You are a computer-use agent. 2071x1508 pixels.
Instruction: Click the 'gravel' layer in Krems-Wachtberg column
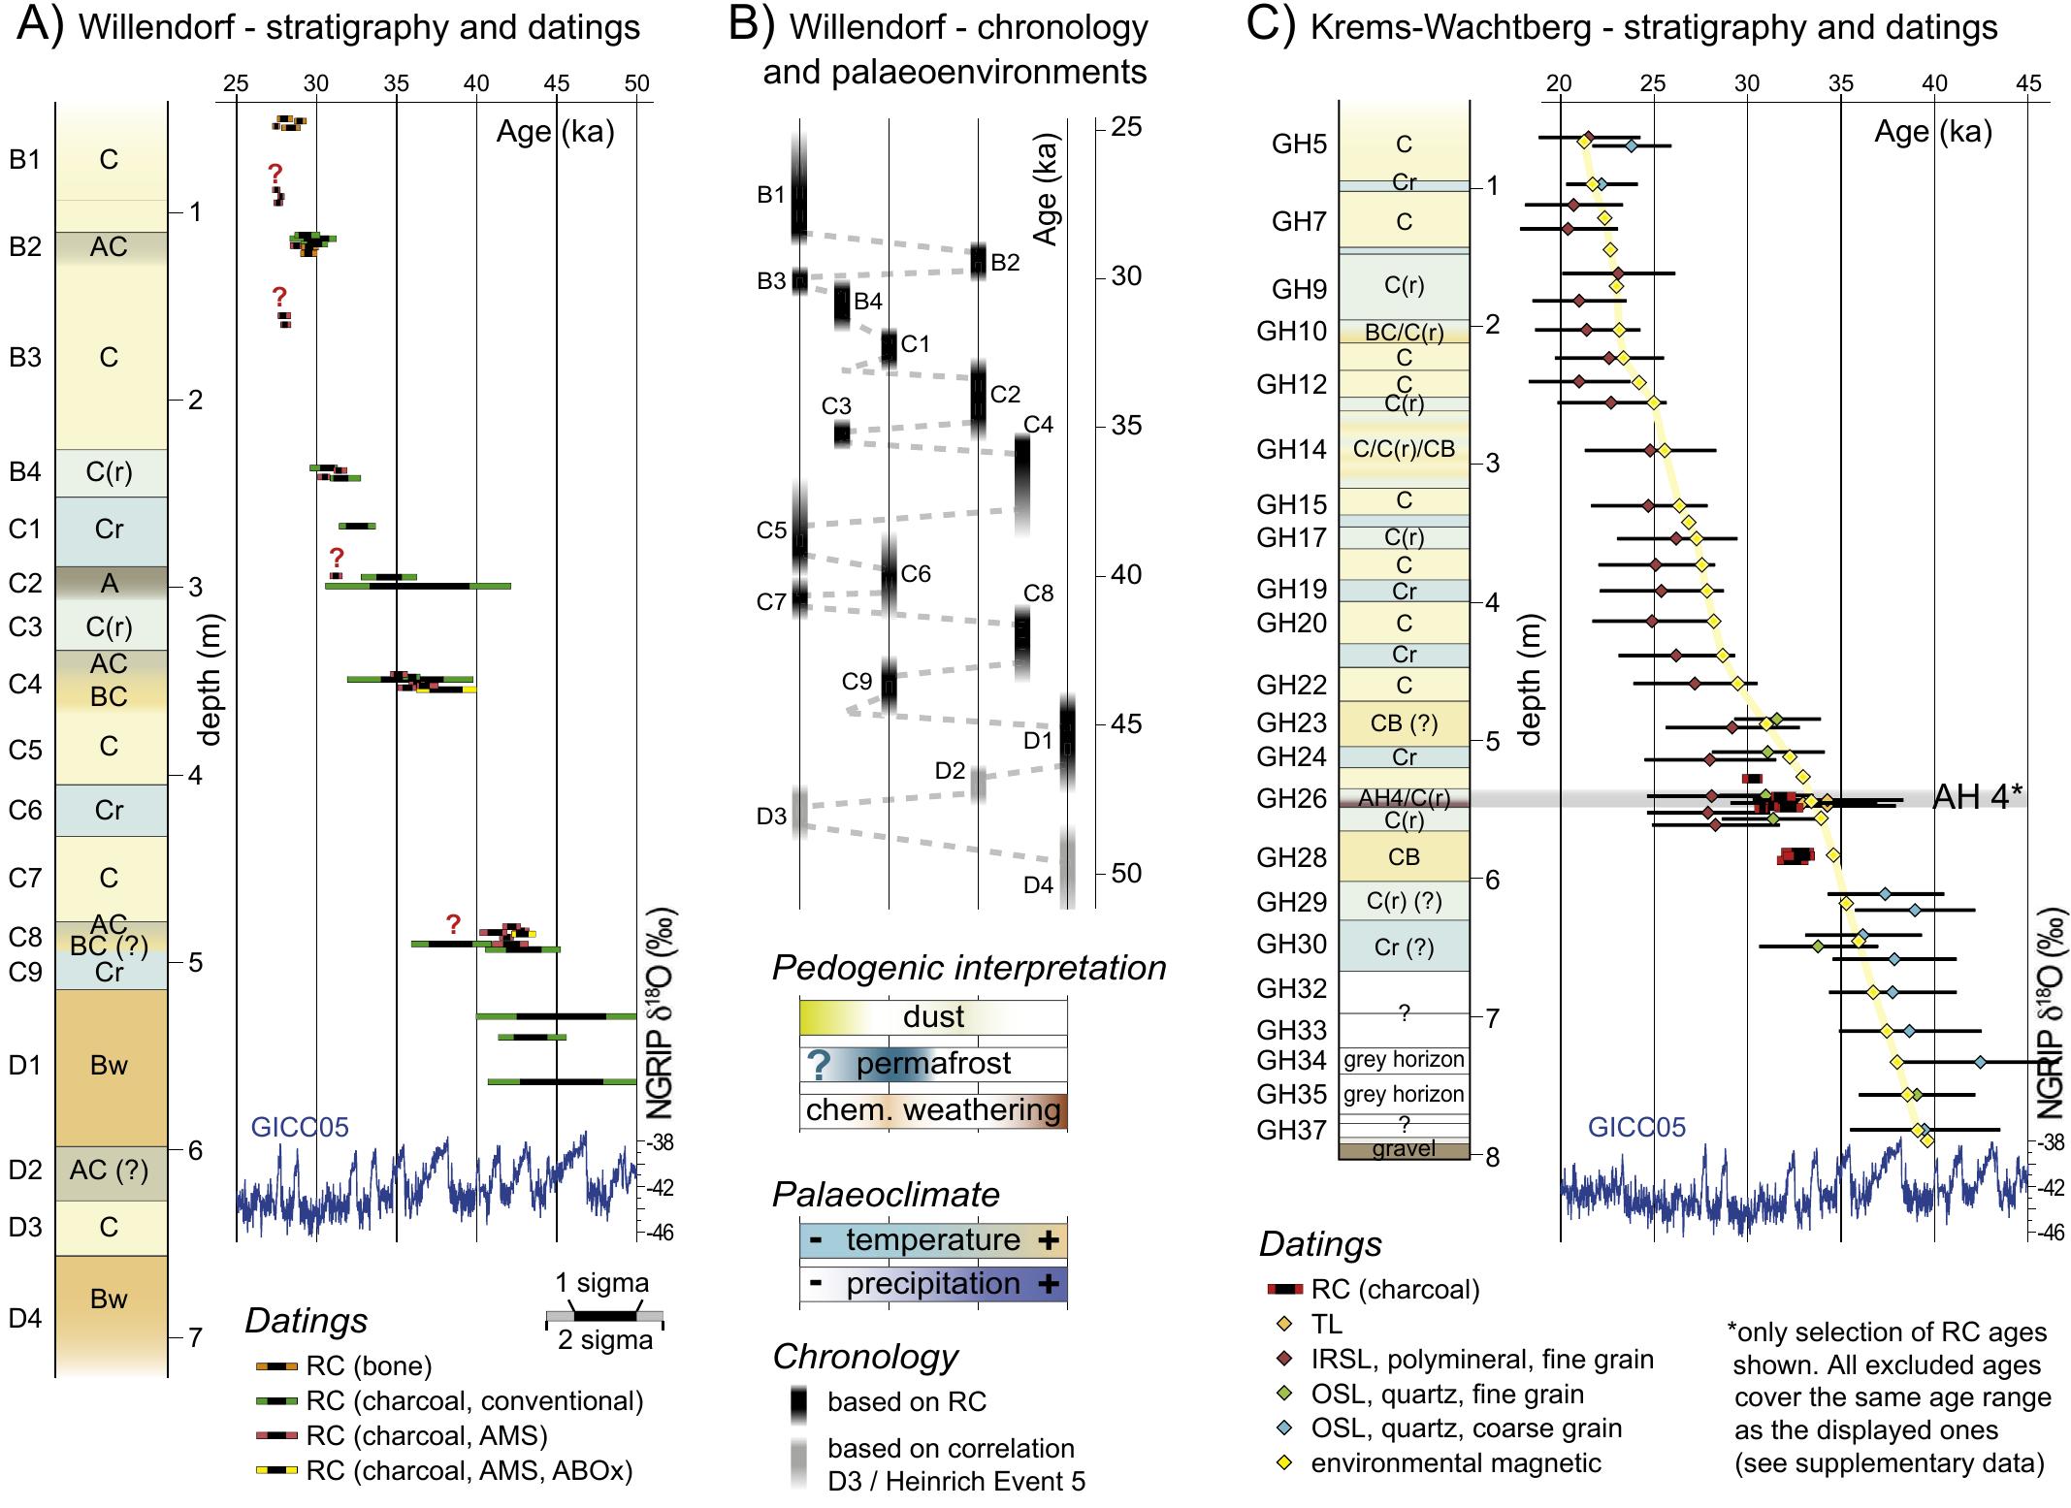(1404, 1150)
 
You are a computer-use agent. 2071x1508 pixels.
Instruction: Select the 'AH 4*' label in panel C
(1977, 797)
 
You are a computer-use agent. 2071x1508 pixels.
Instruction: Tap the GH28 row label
(1291, 857)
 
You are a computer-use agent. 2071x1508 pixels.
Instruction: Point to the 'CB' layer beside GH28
(1404, 857)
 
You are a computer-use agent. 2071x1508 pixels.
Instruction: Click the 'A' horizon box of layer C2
(110, 583)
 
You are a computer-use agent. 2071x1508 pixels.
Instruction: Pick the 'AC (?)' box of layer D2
(110, 1171)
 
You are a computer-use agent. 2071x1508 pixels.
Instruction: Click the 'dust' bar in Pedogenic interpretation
(933, 1017)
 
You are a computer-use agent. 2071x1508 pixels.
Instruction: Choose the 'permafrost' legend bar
(933, 1064)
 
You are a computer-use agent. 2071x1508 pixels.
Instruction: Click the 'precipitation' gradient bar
(933, 1284)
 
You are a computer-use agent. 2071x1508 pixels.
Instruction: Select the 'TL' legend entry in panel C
(1326, 1324)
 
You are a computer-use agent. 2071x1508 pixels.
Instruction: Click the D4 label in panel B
(1038, 885)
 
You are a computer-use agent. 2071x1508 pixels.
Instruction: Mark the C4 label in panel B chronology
(1038, 425)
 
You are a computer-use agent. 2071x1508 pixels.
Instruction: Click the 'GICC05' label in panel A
(299, 1127)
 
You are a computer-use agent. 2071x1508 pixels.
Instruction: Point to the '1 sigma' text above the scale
(601, 1283)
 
